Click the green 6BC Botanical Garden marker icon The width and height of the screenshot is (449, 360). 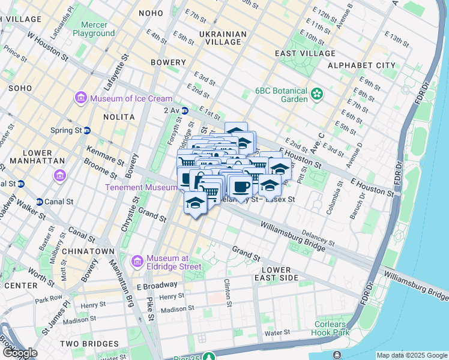(316, 94)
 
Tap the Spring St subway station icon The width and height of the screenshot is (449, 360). (87, 130)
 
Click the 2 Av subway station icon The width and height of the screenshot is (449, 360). (185, 110)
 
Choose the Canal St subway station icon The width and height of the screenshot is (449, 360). (40, 201)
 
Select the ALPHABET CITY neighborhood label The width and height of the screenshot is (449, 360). (361, 65)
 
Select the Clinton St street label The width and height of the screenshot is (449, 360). (228, 292)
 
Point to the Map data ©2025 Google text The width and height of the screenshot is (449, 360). (411, 355)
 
